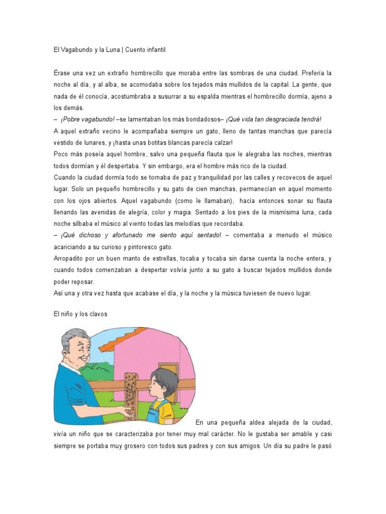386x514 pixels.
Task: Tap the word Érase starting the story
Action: point(63,73)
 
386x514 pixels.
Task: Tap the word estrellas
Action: point(158,259)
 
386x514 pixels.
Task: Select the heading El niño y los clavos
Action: point(80,314)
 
